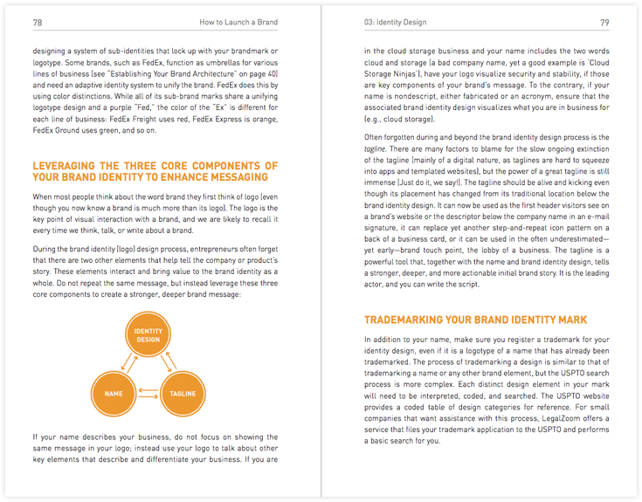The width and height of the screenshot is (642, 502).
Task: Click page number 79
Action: [x=604, y=22]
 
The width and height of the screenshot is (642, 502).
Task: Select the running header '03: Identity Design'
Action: [x=399, y=22]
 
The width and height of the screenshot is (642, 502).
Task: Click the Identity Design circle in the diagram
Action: [x=148, y=335]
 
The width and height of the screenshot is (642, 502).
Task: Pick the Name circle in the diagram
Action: [x=114, y=394]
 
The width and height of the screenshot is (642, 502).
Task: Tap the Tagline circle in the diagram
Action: [x=182, y=394]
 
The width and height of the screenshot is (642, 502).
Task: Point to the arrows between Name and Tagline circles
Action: [x=148, y=394]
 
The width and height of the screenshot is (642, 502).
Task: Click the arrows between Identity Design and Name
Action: [x=126, y=364]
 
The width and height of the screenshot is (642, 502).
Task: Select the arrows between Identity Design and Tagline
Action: [x=169, y=364]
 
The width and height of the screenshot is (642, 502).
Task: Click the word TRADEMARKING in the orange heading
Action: [x=408, y=320]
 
